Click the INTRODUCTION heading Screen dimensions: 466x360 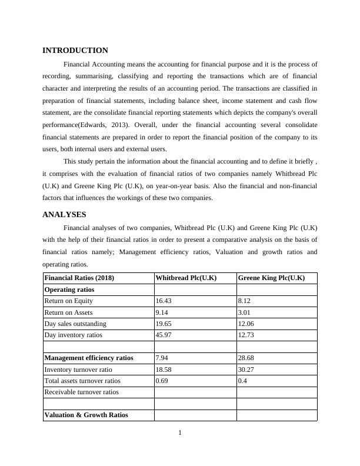pyautogui.click(x=75, y=51)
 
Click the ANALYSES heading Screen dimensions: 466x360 pyautogui.click(x=65, y=215)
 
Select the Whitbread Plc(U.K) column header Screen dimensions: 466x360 pyautogui.click(x=186, y=278)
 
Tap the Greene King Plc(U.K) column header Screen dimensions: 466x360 pyautogui.click(x=271, y=278)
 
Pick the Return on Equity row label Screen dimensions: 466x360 pyautogui.click(x=68, y=301)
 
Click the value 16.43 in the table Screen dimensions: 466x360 pyautogui.click(x=164, y=301)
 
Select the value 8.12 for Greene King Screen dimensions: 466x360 pyautogui.click(x=244, y=301)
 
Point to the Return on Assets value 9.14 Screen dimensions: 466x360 pyautogui.click(x=162, y=312)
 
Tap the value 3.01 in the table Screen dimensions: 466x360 pyautogui.click(x=244, y=312)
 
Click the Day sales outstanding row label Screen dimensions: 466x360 pyautogui.click(x=75, y=324)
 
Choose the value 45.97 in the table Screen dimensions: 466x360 pyautogui.click(x=164, y=335)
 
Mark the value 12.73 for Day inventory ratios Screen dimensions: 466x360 pyautogui.click(x=246, y=335)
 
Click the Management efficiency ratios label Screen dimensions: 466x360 pyautogui.click(x=89, y=358)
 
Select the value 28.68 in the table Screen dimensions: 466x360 pyautogui.click(x=246, y=358)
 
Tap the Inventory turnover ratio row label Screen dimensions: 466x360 pyautogui.click(x=78, y=370)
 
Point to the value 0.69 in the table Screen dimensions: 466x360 pyautogui.click(x=162, y=381)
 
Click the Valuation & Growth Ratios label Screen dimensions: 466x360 pyautogui.click(x=86, y=415)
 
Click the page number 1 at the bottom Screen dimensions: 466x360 pyautogui.click(x=180, y=434)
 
